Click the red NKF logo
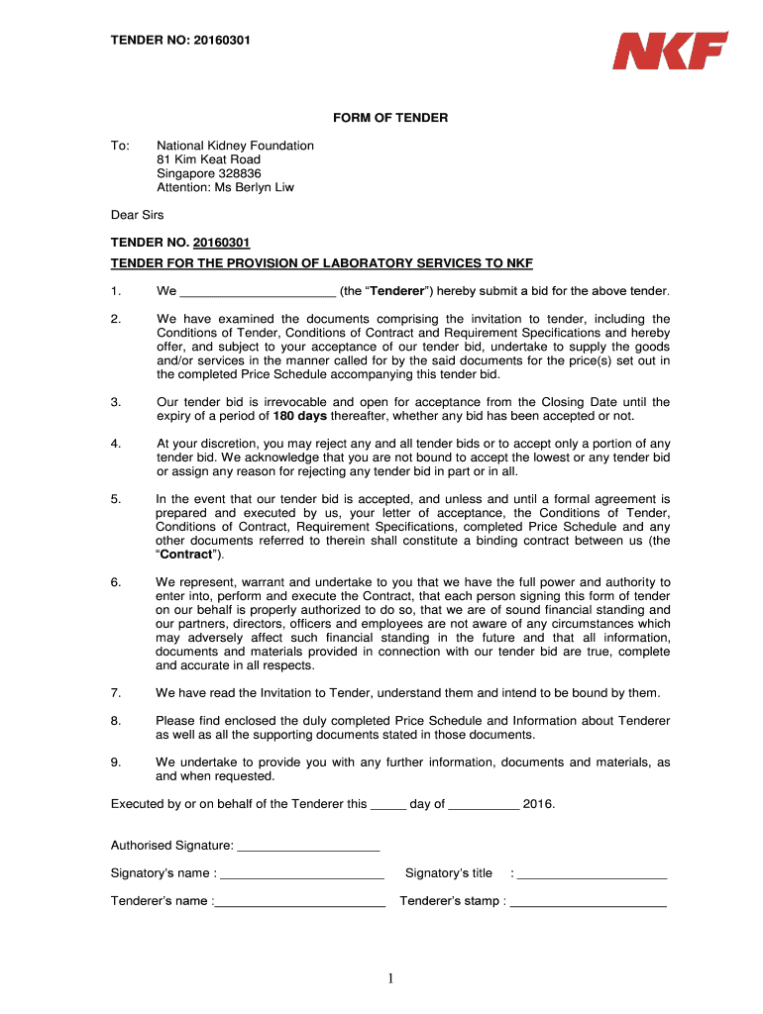point(670,51)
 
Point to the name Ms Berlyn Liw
point(259,187)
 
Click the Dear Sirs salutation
point(137,215)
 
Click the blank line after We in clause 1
point(259,293)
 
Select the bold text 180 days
point(299,416)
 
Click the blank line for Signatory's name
point(301,875)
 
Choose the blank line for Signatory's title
point(592,875)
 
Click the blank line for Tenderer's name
point(300,903)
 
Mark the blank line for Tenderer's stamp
point(588,903)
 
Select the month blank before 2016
point(484,806)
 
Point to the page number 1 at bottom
point(391,979)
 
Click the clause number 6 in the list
point(116,582)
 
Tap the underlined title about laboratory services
point(321,263)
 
